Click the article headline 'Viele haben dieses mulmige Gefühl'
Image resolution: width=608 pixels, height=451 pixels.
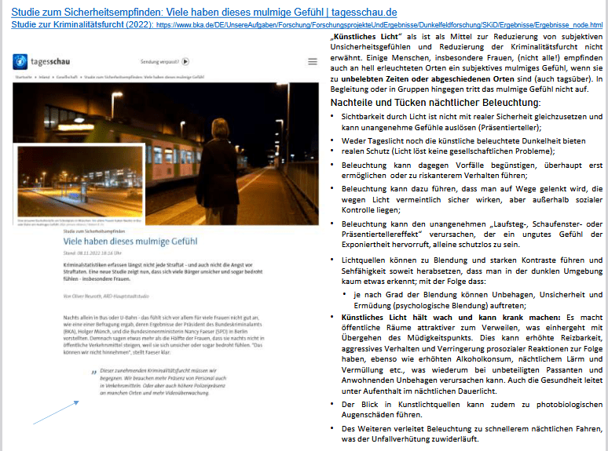click(131, 242)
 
